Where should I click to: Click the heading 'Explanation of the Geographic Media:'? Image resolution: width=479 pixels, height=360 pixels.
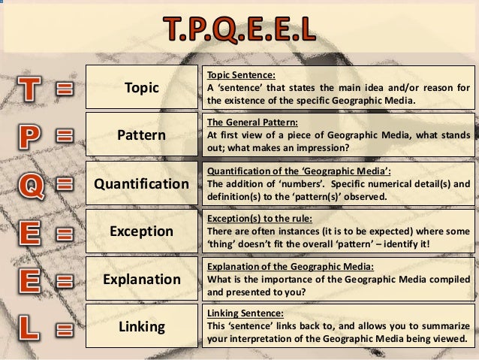pyautogui.click(x=275, y=267)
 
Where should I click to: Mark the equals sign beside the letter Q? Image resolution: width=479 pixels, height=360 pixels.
pyautogui.click(x=64, y=185)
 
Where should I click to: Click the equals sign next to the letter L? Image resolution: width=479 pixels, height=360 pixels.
pyautogui.click(x=64, y=328)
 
